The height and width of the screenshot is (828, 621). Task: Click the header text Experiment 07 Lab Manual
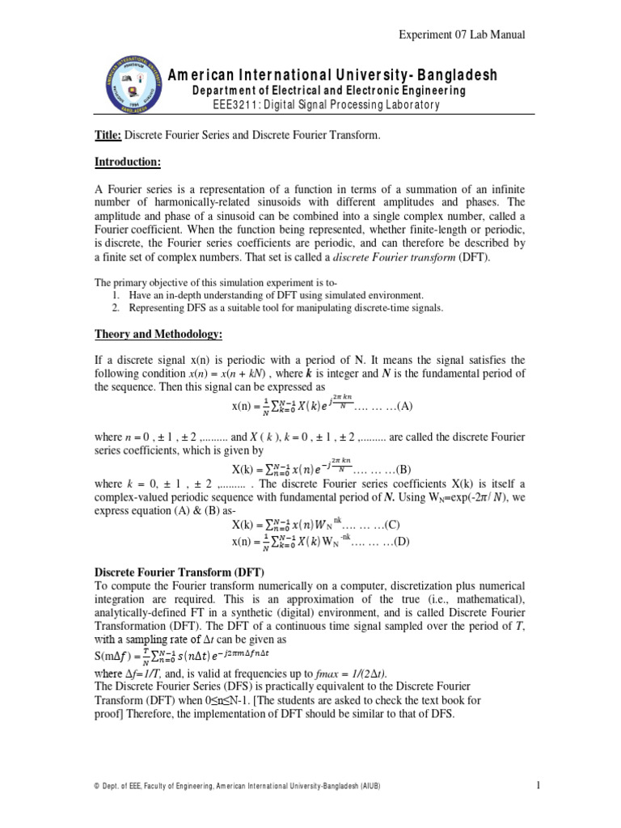click(463, 35)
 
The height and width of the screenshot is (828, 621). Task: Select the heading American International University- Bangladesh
click(332, 75)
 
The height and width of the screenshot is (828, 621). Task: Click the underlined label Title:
click(108, 135)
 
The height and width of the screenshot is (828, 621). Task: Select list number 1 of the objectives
click(116, 296)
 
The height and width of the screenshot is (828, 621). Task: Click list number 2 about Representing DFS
click(116, 308)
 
